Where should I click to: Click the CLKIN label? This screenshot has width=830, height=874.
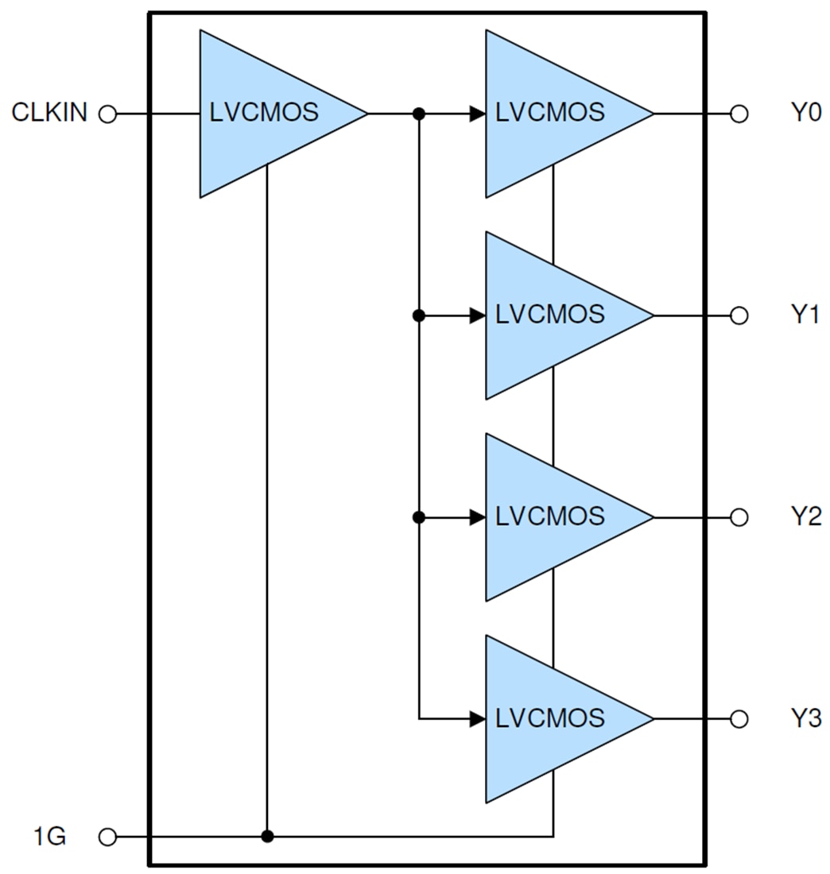tap(48, 114)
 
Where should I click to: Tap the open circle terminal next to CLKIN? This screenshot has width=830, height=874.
tap(107, 114)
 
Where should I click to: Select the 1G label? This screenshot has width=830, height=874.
tap(49, 837)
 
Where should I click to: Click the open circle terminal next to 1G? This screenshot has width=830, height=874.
tap(107, 837)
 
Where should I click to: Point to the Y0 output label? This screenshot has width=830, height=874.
tap(805, 114)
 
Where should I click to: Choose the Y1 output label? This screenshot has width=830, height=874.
tap(805, 315)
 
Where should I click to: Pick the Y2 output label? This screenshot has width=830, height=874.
tap(805, 517)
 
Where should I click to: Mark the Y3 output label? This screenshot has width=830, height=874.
tap(805, 719)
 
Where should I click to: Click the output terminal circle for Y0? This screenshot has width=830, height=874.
tap(739, 114)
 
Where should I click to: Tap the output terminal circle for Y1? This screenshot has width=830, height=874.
tap(739, 316)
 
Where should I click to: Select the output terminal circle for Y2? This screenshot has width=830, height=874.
tap(739, 518)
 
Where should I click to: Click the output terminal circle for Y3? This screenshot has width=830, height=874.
tap(739, 720)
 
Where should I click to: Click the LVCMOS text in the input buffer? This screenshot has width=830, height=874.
tap(264, 113)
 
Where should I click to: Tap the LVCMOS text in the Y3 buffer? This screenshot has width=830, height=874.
tap(549, 718)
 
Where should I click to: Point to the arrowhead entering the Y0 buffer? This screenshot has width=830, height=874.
tap(477, 114)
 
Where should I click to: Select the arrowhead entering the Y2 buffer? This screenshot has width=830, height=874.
tap(477, 518)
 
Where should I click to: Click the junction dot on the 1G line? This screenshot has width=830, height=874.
tap(267, 837)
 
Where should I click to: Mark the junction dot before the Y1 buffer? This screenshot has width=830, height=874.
tap(419, 316)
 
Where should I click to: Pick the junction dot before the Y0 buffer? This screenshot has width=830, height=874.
tap(419, 114)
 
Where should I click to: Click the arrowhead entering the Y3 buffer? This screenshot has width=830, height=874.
tap(477, 720)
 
